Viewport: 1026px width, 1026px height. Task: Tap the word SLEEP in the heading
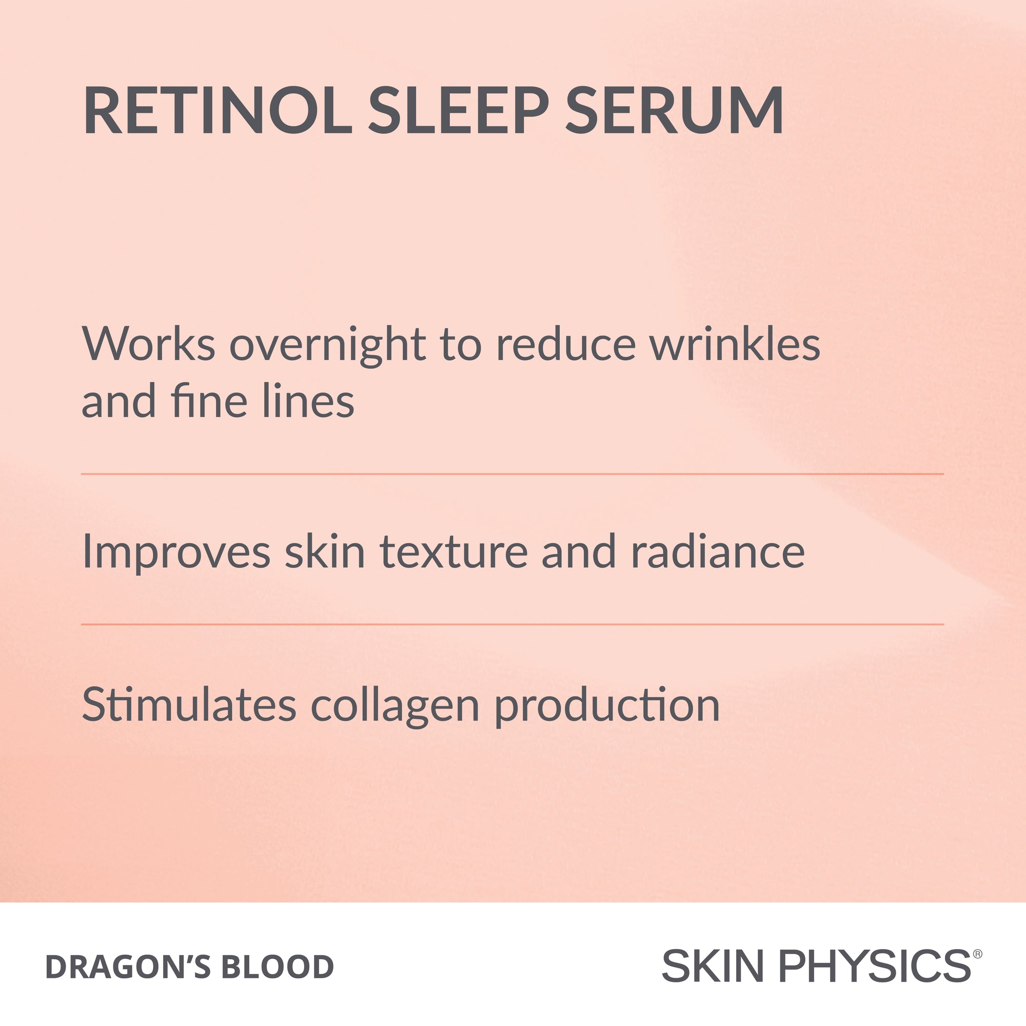pyautogui.click(x=458, y=111)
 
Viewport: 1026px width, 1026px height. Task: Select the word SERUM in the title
pyautogui.click(x=674, y=111)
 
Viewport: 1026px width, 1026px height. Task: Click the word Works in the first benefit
pyautogui.click(x=148, y=344)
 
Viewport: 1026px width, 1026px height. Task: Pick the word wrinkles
pyautogui.click(x=735, y=344)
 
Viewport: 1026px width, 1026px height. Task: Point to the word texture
pyautogui.click(x=453, y=553)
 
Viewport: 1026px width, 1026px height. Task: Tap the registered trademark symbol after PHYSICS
pyautogui.click(x=978, y=954)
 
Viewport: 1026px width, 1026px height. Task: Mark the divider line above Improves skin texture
pyautogui.click(x=512, y=473)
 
